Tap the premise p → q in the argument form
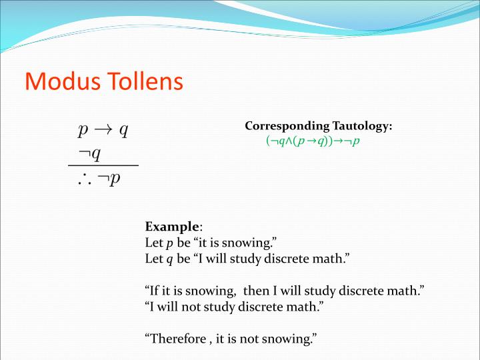103,129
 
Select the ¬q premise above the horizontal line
89,154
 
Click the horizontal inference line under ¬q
103,165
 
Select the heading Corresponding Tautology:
318,126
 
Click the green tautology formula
312,141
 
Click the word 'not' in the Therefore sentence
249,339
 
